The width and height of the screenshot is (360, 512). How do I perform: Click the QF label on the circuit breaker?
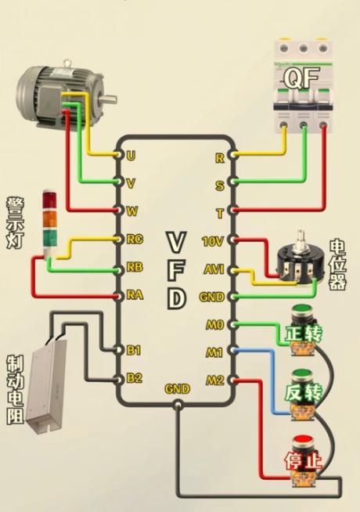(x=301, y=78)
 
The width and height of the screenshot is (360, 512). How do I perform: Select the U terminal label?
(x=131, y=156)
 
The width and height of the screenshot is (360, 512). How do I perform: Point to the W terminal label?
(x=131, y=211)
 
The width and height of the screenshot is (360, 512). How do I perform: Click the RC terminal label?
(x=135, y=240)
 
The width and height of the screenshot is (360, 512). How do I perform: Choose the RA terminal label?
(x=135, y=295)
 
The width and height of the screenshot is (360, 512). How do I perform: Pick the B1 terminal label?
(x=134, y=351)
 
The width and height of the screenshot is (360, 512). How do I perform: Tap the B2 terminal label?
(x=134, y=378)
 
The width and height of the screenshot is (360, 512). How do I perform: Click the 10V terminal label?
(x=213, y=242)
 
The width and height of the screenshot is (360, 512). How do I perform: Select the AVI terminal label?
(x=214, y=269)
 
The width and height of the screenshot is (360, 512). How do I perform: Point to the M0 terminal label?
(x=214, y=325)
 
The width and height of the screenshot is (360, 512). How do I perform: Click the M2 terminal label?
(x=215, y=380)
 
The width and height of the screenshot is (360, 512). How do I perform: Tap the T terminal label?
(x=220, y=214)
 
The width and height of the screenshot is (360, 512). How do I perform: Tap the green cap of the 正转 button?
(x=302, y=309)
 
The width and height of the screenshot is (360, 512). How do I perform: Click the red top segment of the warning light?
(x=50, y=200)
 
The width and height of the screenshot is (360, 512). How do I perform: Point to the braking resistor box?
(x=46, y=384)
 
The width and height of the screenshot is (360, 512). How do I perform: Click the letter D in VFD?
(x=177, y=299)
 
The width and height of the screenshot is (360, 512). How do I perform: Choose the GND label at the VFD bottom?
(x=177, y=389)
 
